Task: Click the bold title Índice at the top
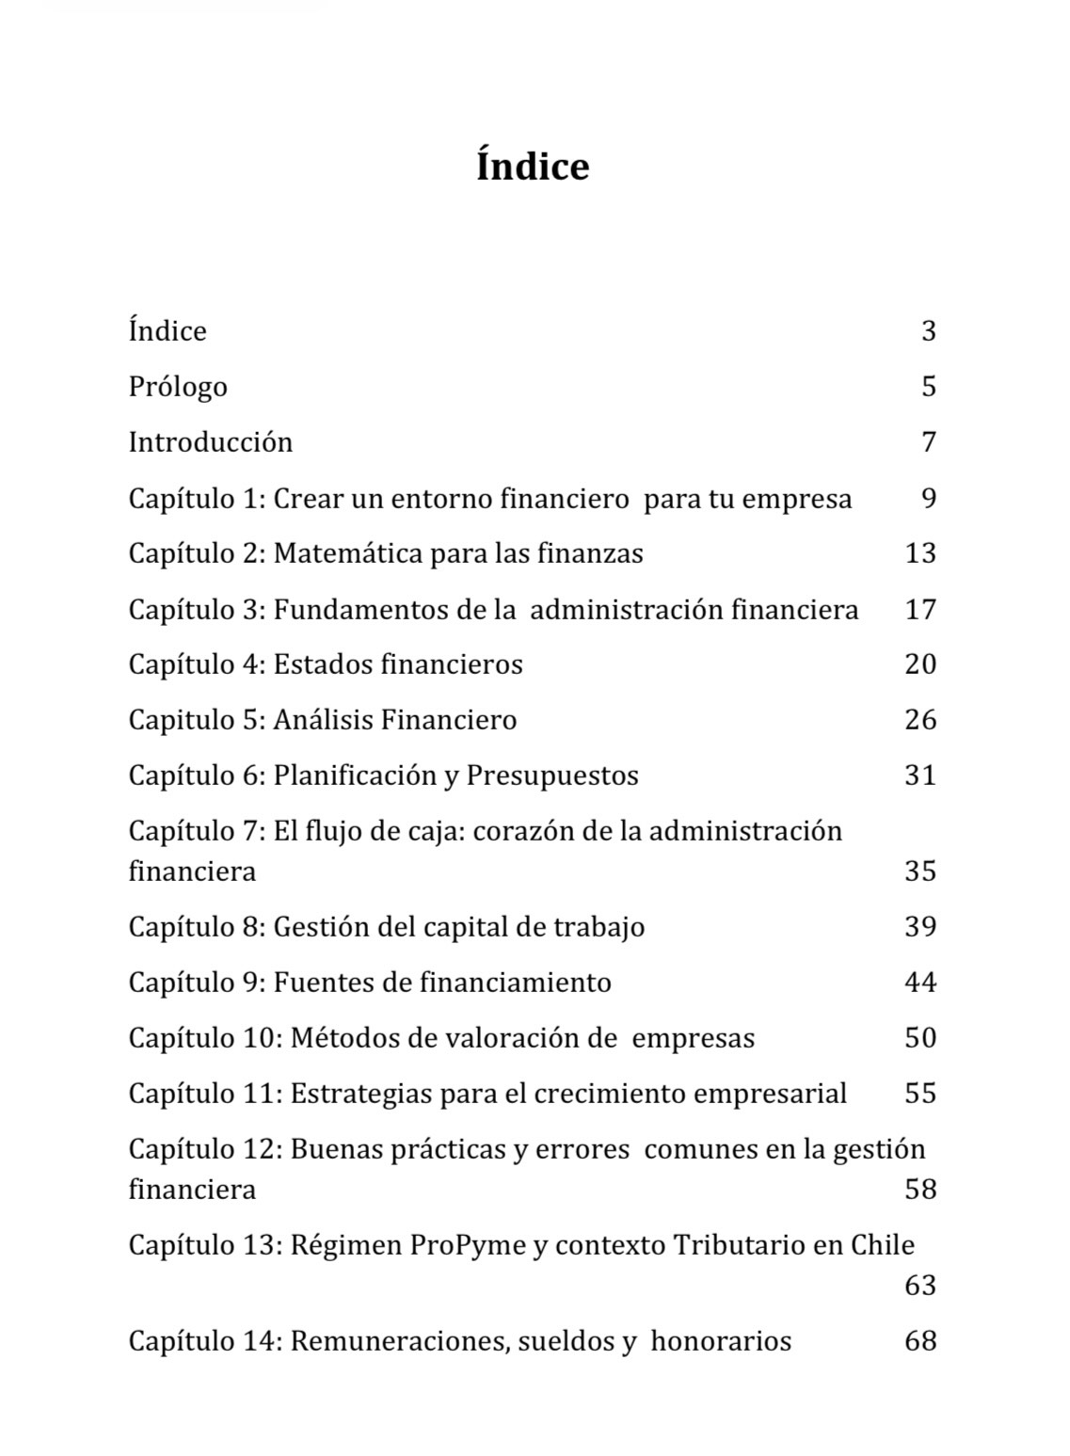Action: (x=533, y=167)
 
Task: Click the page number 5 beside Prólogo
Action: (x=928, y=387)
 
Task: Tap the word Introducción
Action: (x=211, y=442)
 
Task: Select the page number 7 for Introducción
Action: (x=929, y=442)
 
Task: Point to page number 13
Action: (x=920, y=553)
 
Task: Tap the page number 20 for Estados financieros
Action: (x=920, y=664)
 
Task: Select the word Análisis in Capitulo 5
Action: (x=323, y=720)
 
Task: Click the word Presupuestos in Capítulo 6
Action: (x=552, y=776)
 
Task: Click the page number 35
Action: (x=920, y=871)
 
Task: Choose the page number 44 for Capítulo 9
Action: (x=920, y=983)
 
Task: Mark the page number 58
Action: (x=920, y=1190)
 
